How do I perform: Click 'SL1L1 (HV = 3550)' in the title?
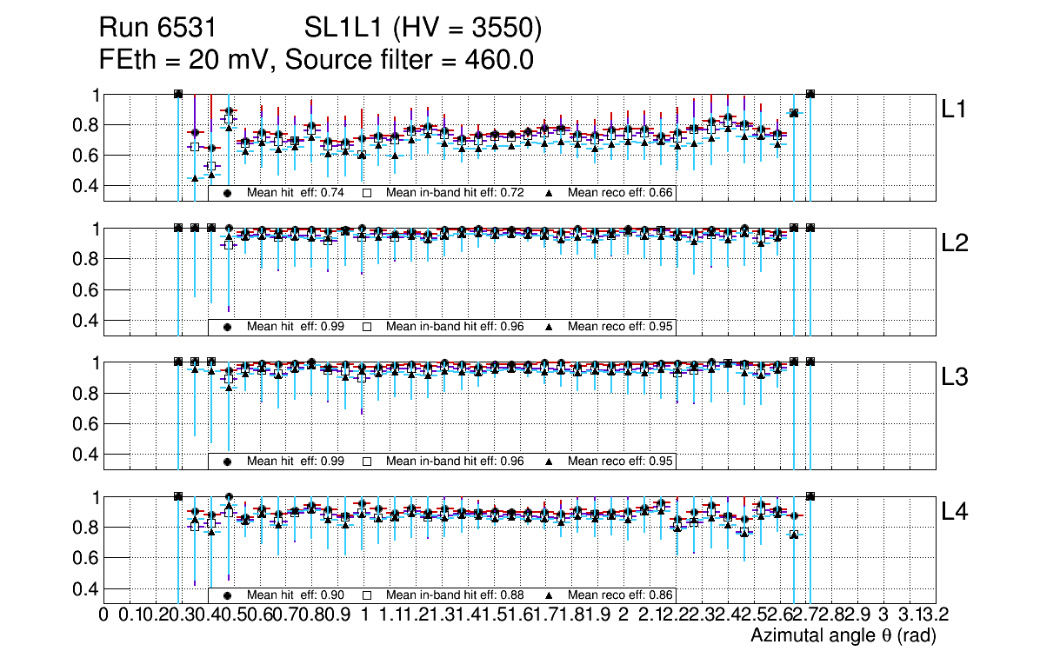click(423, 30)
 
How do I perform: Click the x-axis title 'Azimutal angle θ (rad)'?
click(843, 636)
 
